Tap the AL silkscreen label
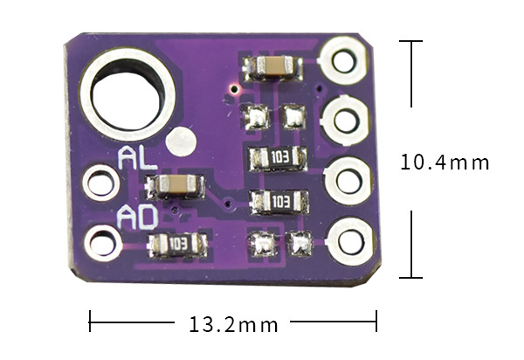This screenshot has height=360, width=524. point(137,158)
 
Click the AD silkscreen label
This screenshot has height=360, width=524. point(137,218)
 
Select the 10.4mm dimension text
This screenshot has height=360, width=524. point(445,163)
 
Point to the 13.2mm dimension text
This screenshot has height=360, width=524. point(233,324)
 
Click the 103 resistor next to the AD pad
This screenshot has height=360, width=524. point(178,244)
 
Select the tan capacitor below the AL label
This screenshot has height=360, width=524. point(175,185)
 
